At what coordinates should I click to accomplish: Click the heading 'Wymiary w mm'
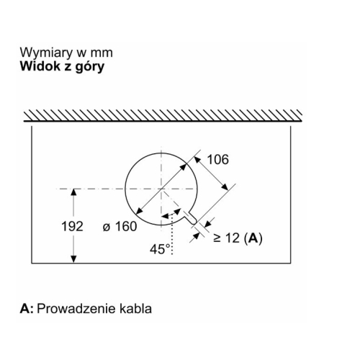click(x=66, y=53)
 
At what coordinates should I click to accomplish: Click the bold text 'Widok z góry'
click(x=63, y=66)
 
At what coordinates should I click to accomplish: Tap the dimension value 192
click(x=72, y=226)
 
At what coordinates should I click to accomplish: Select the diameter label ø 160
click(x=120, y=226)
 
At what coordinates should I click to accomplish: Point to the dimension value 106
click(x=217, y=159)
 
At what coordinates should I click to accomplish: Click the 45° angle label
click(x=160, y=249)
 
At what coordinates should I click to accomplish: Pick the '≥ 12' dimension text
click(x=226, y=238)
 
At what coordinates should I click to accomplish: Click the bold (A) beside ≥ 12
click(x=253, y=238)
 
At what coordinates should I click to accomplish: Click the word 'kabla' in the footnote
click(x=135, y=308)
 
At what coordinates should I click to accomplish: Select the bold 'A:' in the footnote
click(x=27, y=309)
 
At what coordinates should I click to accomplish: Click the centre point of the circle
click(x=161, y=189)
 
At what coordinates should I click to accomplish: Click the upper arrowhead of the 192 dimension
click(x=73, y=192)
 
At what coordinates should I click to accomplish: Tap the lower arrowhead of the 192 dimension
click(x=73, y=259)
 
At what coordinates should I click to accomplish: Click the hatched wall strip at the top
click(x=163, y=115)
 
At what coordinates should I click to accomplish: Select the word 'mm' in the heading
click(x=102, y=53)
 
